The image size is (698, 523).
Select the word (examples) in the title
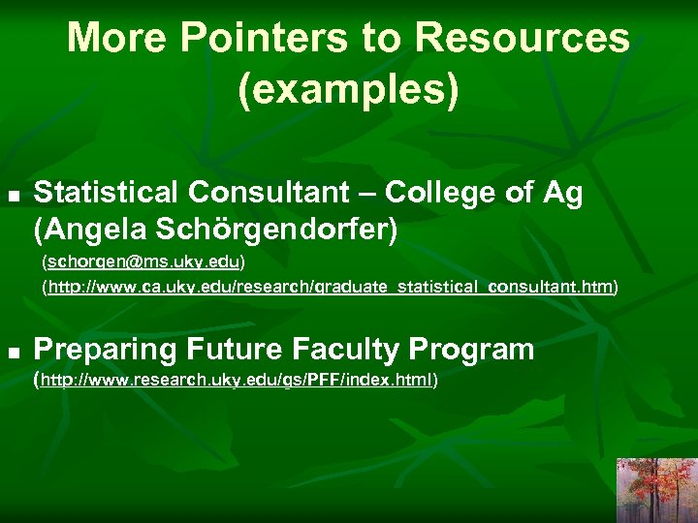(348, 89)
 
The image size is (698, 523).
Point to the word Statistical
(107, 193)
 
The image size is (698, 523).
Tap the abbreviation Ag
(563, 193)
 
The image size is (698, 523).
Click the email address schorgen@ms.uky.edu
(143, 262)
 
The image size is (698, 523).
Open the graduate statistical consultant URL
(330, 287)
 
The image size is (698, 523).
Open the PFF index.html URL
(237, 380)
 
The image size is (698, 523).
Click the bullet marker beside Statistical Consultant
(14, 195)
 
